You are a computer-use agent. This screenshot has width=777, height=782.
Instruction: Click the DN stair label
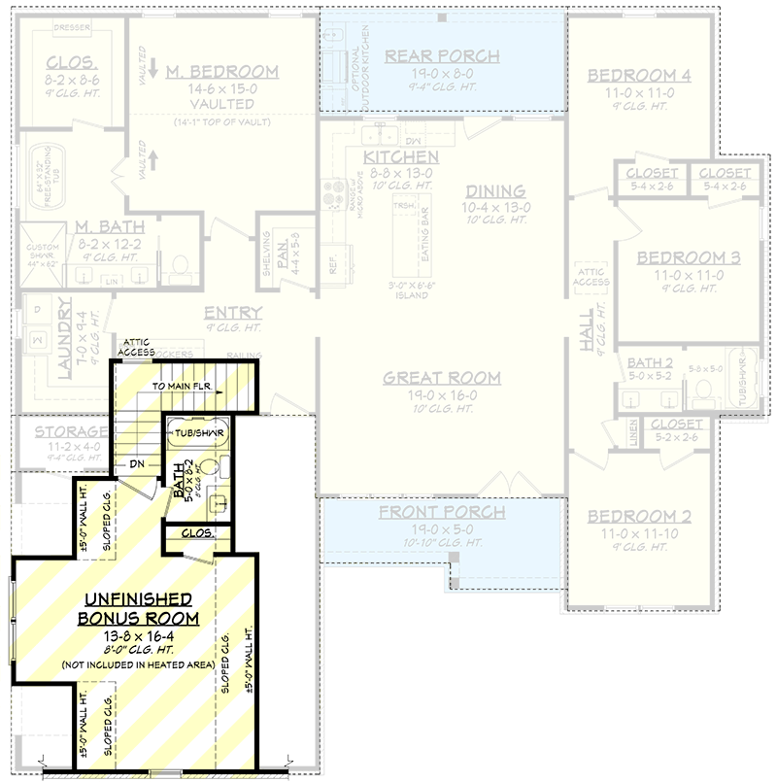(138, 465)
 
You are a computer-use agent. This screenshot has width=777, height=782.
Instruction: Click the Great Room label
(442, 378)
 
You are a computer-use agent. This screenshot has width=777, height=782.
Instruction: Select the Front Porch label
(442, 512)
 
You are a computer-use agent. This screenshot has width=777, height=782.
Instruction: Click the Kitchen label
(400, 156)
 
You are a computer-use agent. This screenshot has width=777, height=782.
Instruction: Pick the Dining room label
(494, 191)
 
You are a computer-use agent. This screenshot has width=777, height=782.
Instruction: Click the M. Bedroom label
(221, 72)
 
